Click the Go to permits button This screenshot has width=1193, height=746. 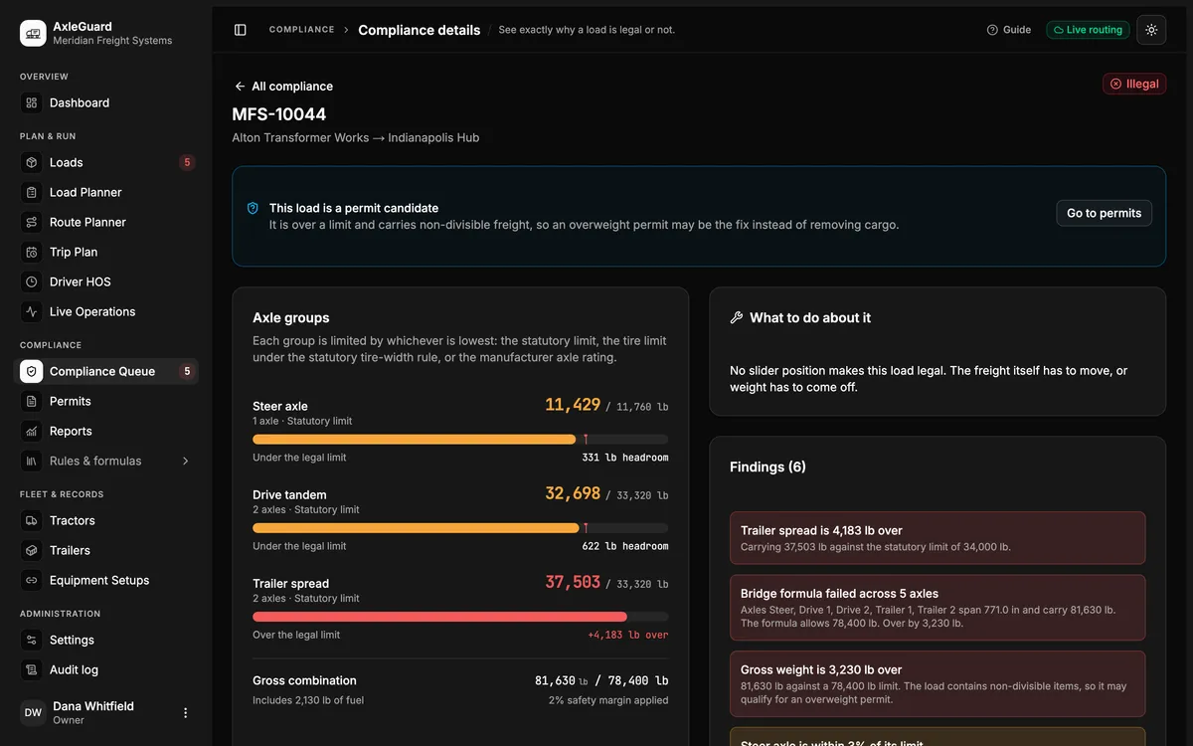pyautogui.click(x=1104, y=213)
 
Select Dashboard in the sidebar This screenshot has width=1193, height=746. pyautogui.click(x=80, y=102)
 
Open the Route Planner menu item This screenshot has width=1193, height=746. pyautogui.click(x=87, y=222)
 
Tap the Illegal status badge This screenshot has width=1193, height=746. pyautogui.click(x=1134, y=84)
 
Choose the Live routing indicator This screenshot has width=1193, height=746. pyautogui.click(x=1088, y=30)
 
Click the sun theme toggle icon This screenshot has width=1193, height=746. pyautogui.click(x=1151, y=30)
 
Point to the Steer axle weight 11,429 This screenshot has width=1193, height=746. pyautogui.click(x=573, y=405)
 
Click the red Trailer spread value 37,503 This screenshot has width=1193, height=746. pyautogui.click(x=573, y=582)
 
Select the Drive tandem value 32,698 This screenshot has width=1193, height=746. pyautogui.click(x=573, y=493)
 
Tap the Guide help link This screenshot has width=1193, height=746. pyautogui.click(x=1009, y=30)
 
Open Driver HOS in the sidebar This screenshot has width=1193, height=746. pyautogui.click(x=80, y=281)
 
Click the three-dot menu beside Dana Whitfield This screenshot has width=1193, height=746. pyautogui.click(x=185, y=713)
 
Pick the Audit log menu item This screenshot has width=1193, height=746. pyautogui.click(x=74, y=669)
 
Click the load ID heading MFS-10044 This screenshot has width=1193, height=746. pyautogui.click(x=279, y=114)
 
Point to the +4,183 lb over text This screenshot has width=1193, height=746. pyautogui.click(x=628, y=635)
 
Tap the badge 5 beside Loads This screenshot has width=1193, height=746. pyautogui.click(x=187, y=162)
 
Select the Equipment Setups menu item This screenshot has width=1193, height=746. pyautogui.click(x=99, y=580)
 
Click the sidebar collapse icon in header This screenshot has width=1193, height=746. pyautogui.click(x=241, y=30)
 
